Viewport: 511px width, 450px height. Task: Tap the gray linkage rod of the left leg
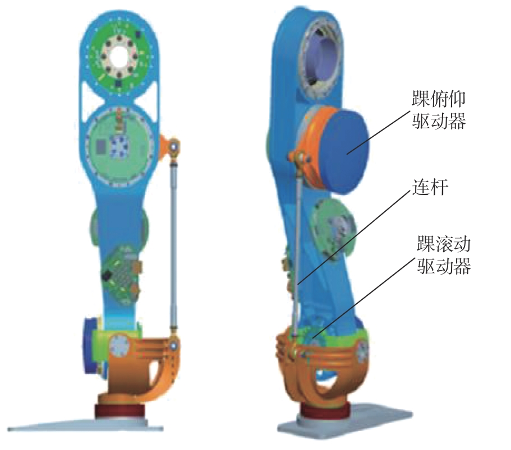click(x=174, y=241)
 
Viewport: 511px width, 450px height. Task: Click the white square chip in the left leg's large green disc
click(x=119, y=147)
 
